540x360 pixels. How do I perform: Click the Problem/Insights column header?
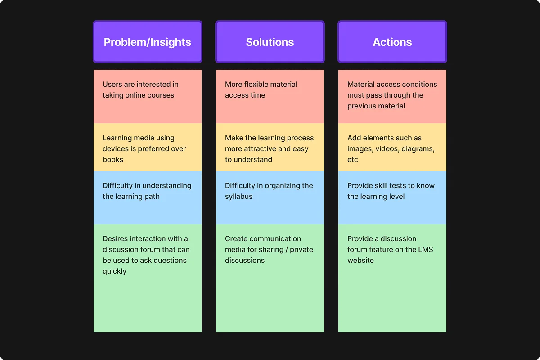click(x=148, y=42)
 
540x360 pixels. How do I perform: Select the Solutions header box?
click(x=270, y=42)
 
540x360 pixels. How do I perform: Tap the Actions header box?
click(x=392, y=42)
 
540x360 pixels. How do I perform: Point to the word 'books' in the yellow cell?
click(x=113, y=159)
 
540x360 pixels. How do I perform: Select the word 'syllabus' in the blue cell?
click(x=238, y=197)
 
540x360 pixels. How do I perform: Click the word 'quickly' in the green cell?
click(x=114, y=271)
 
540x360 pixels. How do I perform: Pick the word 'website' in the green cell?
click(x=360, y=260)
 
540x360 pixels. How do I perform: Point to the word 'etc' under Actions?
click(x=352, y=159)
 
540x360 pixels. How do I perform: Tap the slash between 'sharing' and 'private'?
click(x=287, y=249)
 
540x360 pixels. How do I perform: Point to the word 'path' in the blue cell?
click(x=152, y=197)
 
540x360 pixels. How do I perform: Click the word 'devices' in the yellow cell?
click(x=116, y=148)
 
